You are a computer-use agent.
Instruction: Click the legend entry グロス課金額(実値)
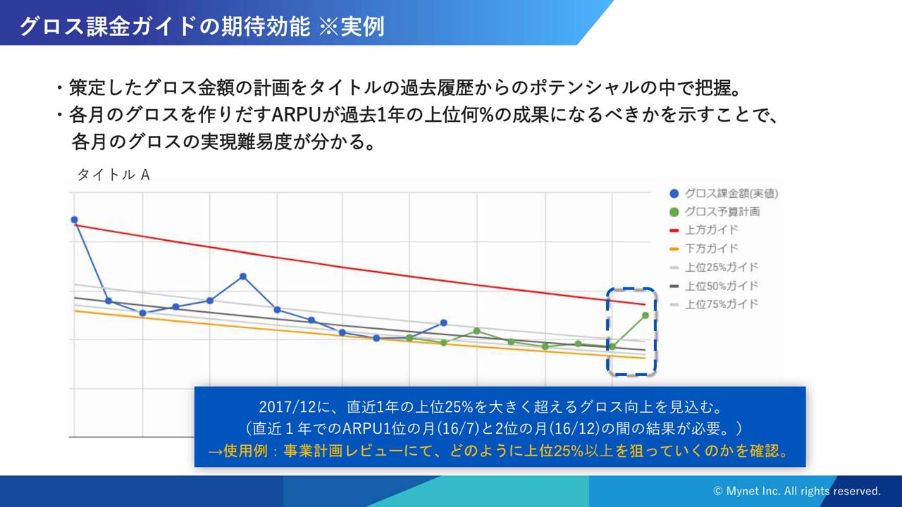click(724, 194)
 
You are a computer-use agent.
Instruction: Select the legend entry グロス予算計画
click(715, 212)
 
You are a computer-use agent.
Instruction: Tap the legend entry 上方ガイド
click(703, 230)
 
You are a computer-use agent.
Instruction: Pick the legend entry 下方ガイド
click(703, 249)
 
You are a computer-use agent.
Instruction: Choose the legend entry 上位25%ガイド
click(714, 267)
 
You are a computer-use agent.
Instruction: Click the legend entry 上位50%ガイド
click(714, 286)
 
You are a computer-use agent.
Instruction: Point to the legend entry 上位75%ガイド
click(714, 304)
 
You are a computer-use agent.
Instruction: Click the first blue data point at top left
click(74, 220)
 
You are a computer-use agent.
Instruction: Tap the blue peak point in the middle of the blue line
click(243, 277)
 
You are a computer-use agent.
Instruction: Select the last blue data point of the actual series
click(443, 323)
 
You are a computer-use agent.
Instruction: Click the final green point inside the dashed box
click(645, 315)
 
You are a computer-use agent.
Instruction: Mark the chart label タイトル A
click(113, 175)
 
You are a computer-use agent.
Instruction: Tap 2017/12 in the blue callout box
click(287, 407)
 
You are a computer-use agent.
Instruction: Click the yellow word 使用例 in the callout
click(246, 451)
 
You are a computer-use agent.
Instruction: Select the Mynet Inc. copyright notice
click(797, 492)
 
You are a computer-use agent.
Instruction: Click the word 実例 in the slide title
click(362, 27)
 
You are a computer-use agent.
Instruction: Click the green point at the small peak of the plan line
click(477, 331)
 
